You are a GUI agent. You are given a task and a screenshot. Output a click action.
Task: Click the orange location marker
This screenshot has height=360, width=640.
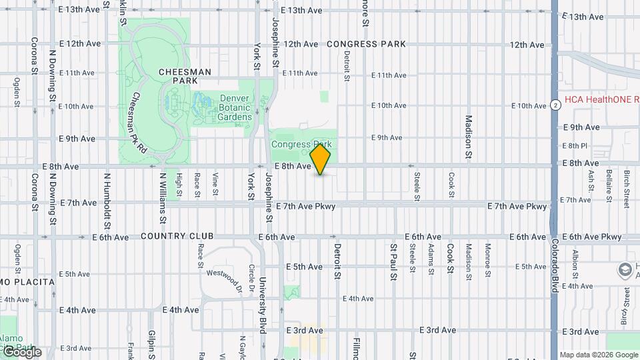click(321, 160)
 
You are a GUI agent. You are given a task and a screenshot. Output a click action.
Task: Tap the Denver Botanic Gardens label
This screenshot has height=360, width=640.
click(235, 107)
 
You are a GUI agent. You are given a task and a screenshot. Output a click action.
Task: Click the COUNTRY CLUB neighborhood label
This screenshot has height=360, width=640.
click(177, 237)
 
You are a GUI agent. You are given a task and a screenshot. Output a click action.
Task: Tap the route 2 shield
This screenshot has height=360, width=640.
click(555, 105)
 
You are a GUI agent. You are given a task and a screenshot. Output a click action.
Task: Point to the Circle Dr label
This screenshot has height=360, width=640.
click(251, 279)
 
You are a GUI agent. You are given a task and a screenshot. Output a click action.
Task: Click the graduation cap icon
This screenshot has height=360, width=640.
click(625, 271)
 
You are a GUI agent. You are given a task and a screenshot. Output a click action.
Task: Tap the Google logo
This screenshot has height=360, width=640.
click(21, 351)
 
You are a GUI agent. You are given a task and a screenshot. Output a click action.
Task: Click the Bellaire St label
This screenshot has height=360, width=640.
click(609, 182)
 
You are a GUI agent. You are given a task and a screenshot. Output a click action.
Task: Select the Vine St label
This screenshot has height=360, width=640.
click(215, 185)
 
